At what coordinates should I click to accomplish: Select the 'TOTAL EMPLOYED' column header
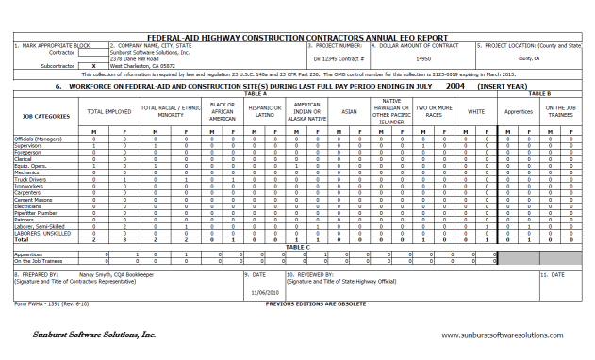[108, 111]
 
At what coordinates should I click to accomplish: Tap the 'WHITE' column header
[476, 111]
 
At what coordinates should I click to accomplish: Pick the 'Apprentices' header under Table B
[520, 111]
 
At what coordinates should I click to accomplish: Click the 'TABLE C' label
[298, 246]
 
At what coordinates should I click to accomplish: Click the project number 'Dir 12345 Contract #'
[339, 58]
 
